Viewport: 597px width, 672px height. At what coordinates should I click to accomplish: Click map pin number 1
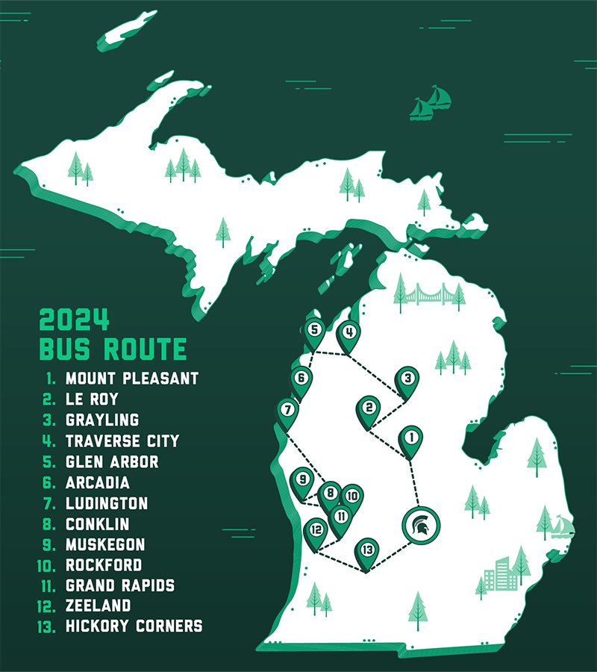click(x=410, y=438)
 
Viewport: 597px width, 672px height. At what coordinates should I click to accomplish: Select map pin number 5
click(x=314, y=329)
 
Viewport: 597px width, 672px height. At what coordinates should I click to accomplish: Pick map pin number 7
click(x=287, y=410)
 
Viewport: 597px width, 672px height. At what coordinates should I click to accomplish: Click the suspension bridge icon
click(x=429, y=296)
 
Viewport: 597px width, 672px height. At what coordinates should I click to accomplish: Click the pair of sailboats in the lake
click(x=431, y=103)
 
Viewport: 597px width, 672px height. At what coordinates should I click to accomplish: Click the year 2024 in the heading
click(x=75, y=320)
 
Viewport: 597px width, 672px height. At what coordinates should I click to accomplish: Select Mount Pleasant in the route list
click(x=131, y=379)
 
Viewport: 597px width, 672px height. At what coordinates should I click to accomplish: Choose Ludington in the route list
click(x=107, y=504)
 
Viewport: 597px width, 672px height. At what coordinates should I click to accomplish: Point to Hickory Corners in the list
click(x=134, y=626)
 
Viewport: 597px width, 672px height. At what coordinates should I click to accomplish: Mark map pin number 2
click(x=369, y=408)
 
